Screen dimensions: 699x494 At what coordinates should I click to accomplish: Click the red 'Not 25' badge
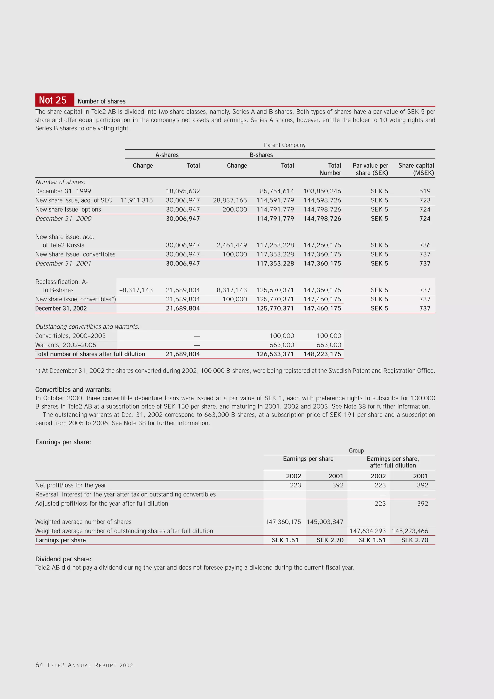(55, 100)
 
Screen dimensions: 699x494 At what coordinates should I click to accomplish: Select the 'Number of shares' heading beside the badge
(101, 101)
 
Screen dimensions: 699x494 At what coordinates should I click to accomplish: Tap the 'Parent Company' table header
(284, 145)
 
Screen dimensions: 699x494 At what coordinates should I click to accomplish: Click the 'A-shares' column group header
(167, 155)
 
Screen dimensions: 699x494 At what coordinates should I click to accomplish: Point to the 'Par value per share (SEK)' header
(370, 169)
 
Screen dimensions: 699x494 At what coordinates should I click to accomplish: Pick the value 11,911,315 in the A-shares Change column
(137, 200)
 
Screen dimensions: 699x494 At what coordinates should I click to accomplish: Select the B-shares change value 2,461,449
(232, 245)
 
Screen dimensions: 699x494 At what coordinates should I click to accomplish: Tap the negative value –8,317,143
(136, 290)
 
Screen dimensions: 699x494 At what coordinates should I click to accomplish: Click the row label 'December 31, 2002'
(61, 308)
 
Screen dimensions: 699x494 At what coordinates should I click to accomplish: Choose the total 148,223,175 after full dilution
(322, 354)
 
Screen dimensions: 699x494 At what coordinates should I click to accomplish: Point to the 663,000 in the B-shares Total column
(281, 345)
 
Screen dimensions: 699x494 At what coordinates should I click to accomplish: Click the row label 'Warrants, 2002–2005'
(65, 345)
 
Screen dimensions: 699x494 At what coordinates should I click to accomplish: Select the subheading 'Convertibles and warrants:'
(73, 390)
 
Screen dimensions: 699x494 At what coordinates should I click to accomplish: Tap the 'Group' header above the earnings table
(356, 451)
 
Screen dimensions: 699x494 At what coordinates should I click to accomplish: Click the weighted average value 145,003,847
(325, 522)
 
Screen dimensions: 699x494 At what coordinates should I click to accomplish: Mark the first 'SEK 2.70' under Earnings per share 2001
(330, 540)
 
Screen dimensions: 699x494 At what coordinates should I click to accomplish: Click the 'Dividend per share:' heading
(63, 559)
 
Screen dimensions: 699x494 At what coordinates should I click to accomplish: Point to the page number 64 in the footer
(39, 665)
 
